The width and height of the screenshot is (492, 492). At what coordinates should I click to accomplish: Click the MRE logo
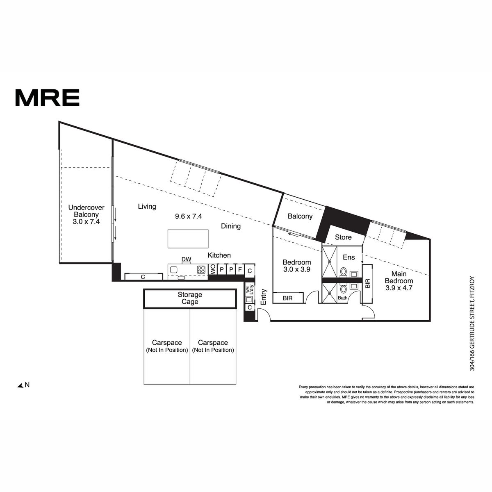tap(48, 98)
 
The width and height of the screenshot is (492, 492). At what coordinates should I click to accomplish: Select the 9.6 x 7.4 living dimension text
tap(189, 216)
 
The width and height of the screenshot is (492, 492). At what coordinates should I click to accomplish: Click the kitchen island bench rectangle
tap(188, 239)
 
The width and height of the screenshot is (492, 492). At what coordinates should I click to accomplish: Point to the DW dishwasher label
tap(187, 260)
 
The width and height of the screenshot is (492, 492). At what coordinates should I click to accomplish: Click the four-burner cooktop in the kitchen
tap(201, 270)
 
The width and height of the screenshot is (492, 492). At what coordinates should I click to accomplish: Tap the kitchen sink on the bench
tap(174, 270)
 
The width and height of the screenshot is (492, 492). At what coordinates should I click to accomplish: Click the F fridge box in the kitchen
tap(240, 269)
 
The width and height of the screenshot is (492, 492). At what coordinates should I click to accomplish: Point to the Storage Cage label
tap(190, 298)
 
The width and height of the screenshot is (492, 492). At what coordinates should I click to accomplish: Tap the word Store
tap(343, 237)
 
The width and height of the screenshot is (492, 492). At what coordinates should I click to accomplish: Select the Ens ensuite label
tap(349, 257)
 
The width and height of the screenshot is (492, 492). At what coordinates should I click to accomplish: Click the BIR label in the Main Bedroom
tap(367, 283)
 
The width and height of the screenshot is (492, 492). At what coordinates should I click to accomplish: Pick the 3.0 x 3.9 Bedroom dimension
tap(297, 269)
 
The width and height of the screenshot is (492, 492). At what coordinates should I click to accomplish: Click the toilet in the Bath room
tap(344, 289)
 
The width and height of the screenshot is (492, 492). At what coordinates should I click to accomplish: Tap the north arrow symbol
tap(20, 385)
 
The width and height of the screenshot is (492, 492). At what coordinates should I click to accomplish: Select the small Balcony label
tap(300, 216)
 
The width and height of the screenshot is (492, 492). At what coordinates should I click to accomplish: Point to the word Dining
tap(231, 226)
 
